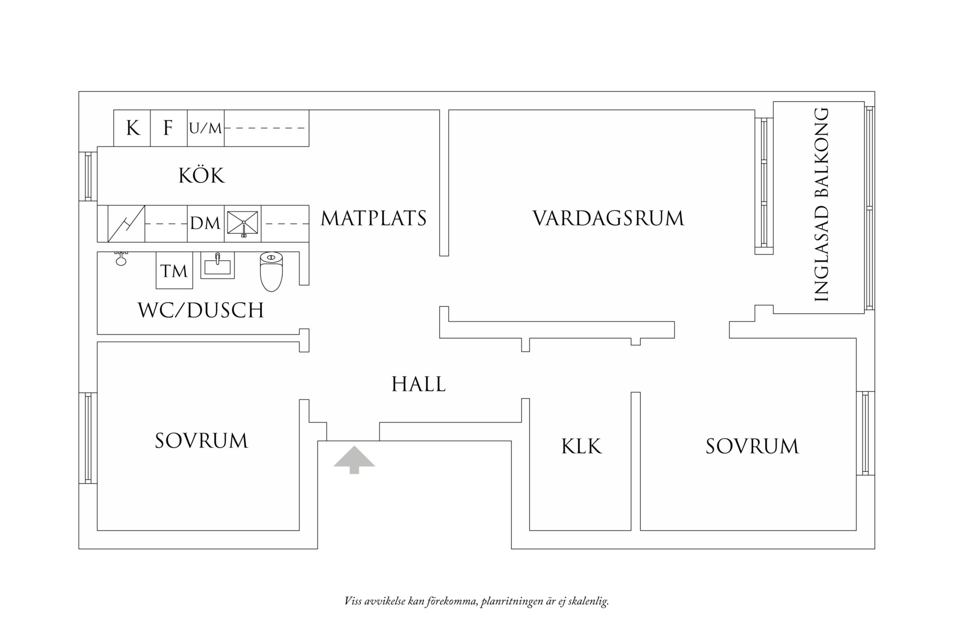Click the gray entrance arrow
[x=354, y=460]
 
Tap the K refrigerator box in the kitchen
[x=132, y=128]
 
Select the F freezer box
[x=168, y=128]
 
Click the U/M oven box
[x=206, y=128]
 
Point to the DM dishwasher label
[x=206, y=223]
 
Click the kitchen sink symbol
[x=243, y=223]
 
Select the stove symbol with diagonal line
[x=126, y=223]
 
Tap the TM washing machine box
[x=174, y=271]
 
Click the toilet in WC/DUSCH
[x=271, y=272]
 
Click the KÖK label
[x=201, y=176]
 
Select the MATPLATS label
[x=374, y=219]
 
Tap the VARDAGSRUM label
[x=608, y=219]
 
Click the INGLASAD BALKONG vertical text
[x=821, y=205]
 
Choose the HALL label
[x=418, y=385]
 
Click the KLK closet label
[x=581, y=447]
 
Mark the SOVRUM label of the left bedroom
[x=201, y=441]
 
